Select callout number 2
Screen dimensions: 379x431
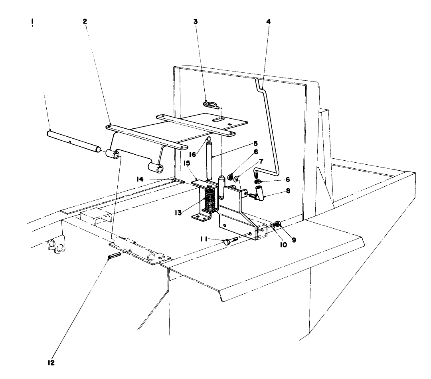click(x=85, y=22)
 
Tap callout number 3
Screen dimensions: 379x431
click(x=196, y=22)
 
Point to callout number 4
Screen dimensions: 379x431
click(x=268, y=22)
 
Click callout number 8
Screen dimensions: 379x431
click(x=288, y=191)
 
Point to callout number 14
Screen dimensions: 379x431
click(x=151, y=180)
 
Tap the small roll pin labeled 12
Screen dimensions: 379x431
click(x=114, y=255)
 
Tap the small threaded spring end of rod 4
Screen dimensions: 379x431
click(x=257, y=173)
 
